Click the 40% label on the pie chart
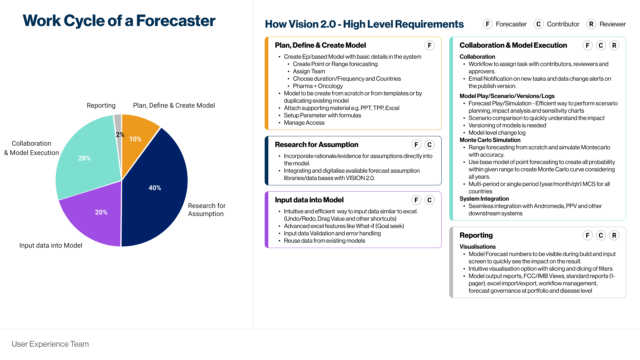155,188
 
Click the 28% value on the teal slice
84,158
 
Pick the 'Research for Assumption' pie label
207,210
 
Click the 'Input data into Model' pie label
51,245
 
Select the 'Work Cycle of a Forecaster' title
119,21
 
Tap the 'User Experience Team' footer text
50,344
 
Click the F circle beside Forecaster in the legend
487,24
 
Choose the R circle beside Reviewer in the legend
591,24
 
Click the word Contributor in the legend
563,24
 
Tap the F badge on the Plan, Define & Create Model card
429,45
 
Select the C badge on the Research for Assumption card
429,145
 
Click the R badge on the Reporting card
614,235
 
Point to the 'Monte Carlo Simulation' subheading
490,140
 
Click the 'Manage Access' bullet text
304,123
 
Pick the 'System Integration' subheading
484,199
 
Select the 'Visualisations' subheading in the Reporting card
477,247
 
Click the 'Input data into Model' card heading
309,200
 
